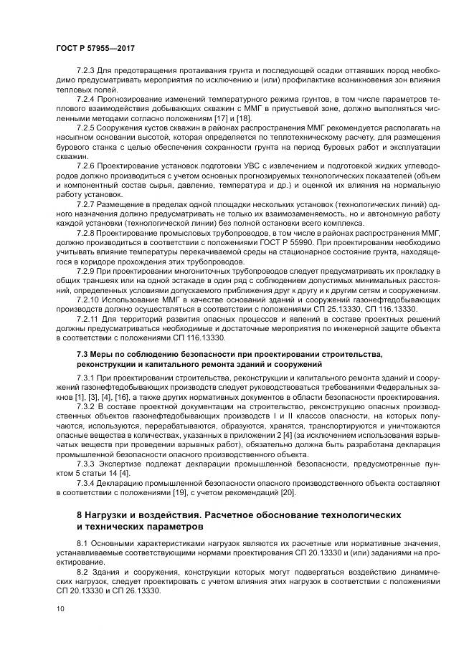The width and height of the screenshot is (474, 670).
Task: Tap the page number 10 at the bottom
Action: pos(59,608)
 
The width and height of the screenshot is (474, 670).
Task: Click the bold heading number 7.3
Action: pos(82,354)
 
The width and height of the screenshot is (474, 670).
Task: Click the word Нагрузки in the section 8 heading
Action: pos(108,516)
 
